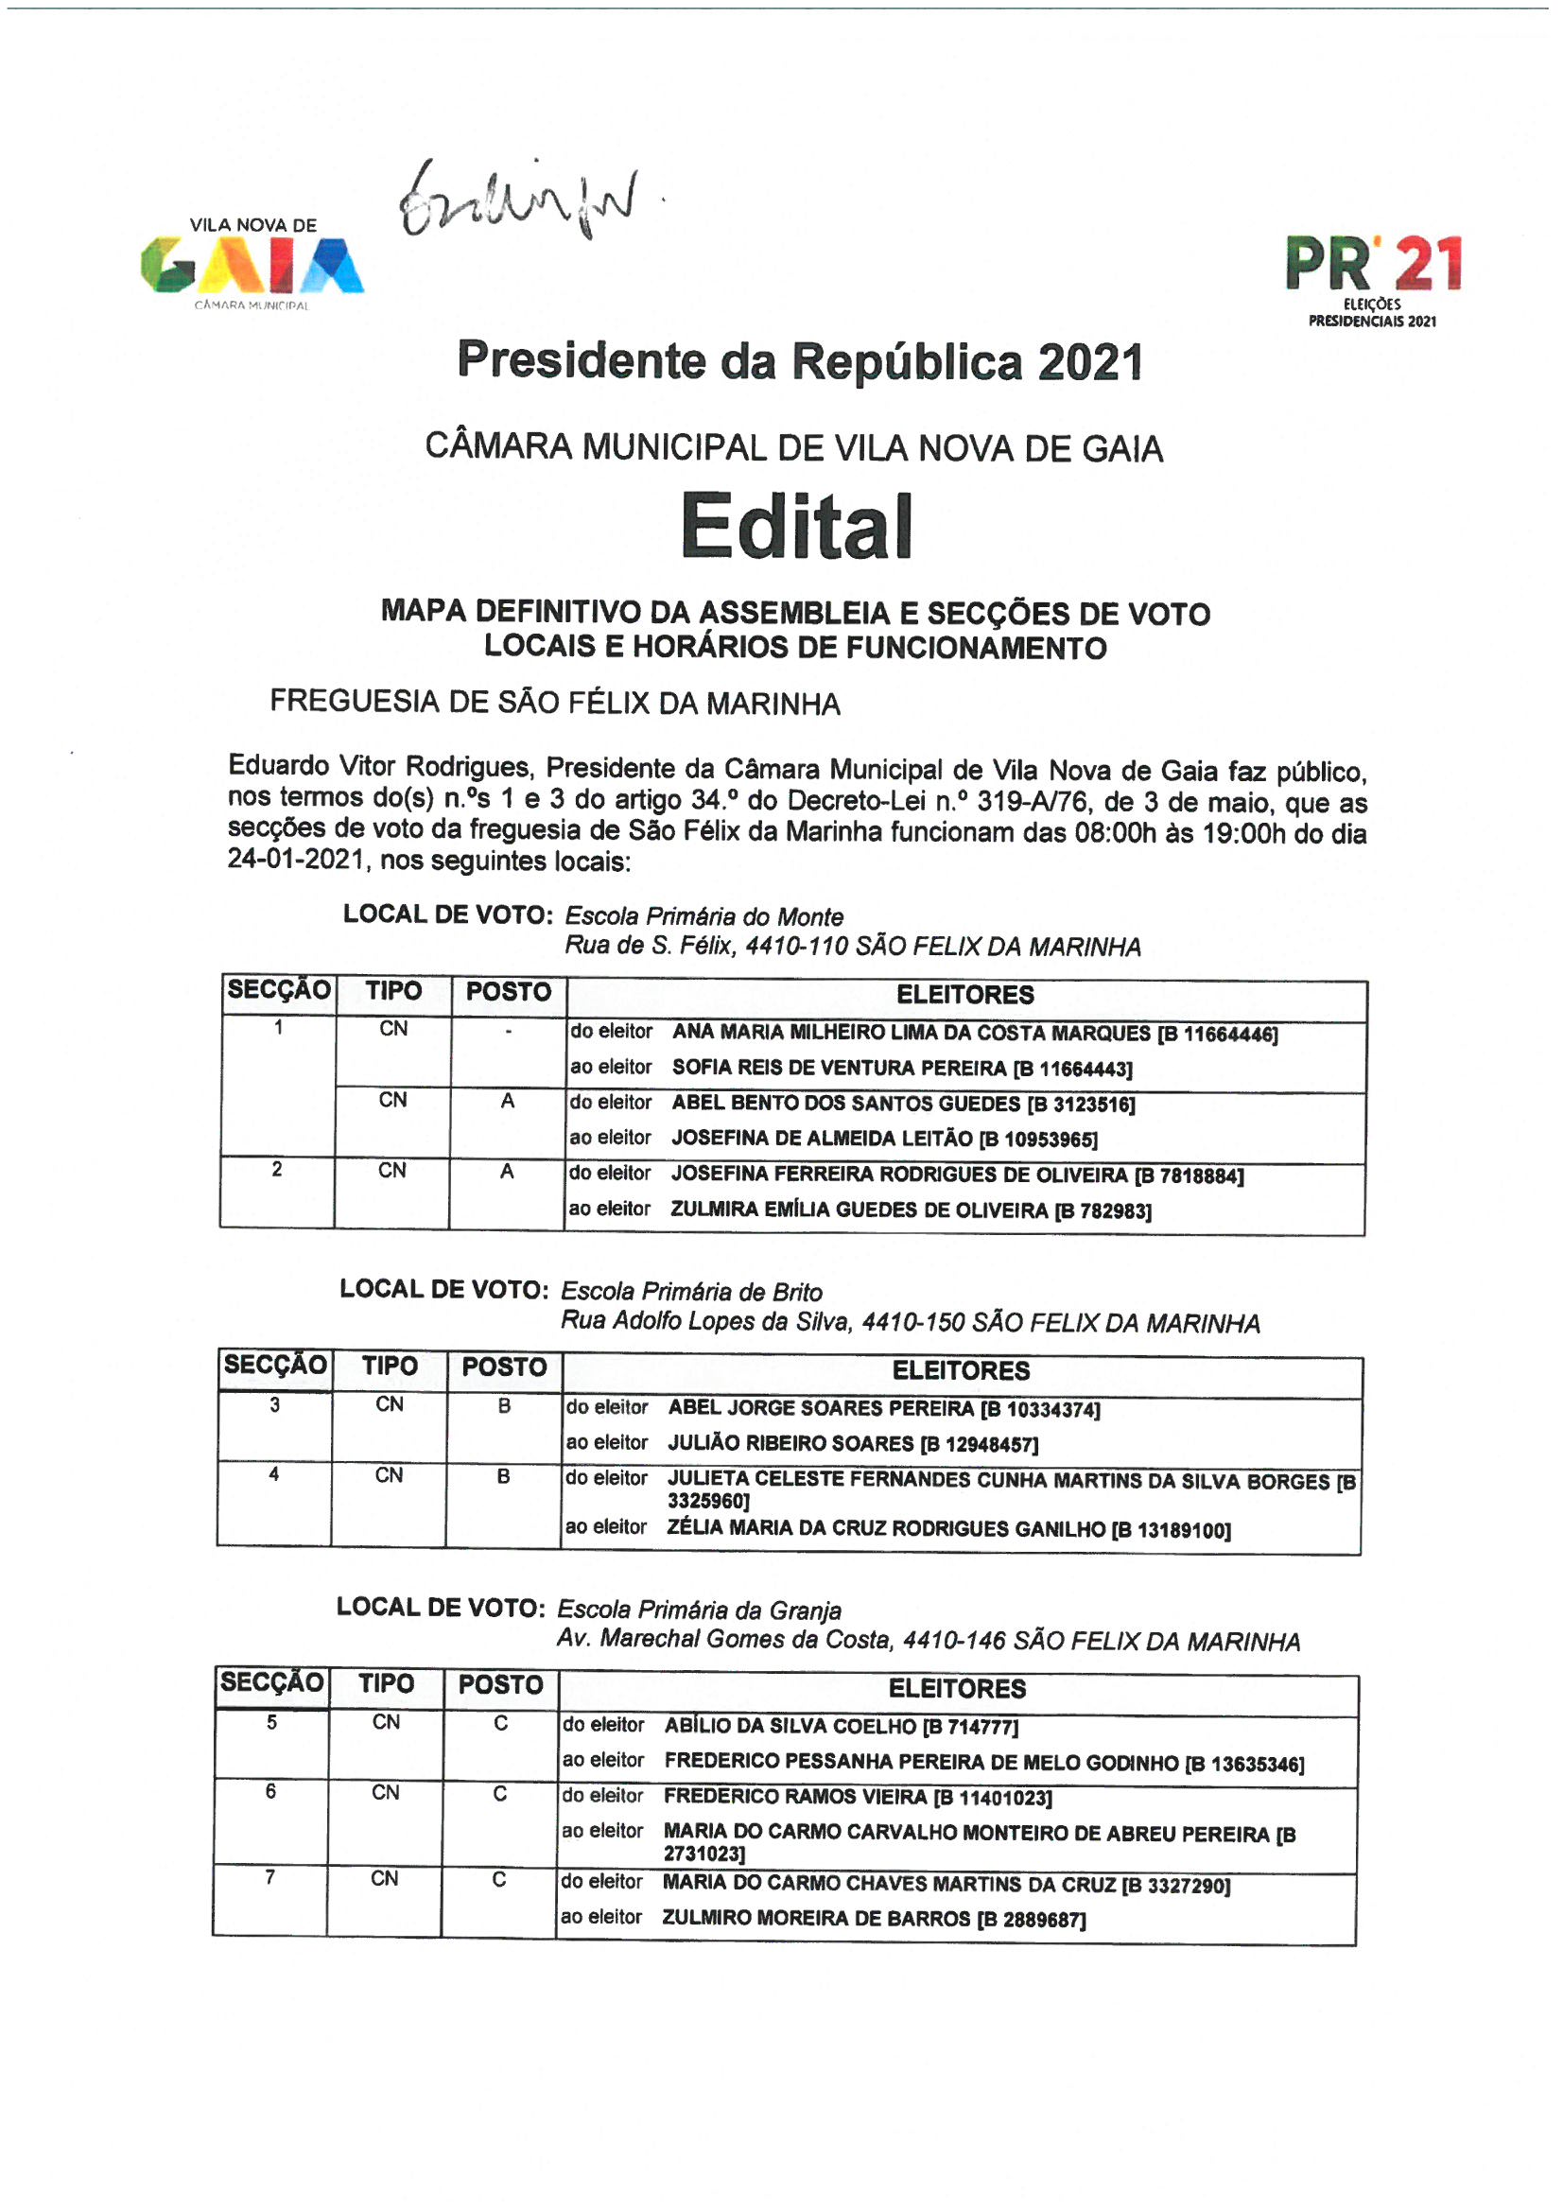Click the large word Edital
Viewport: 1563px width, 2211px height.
pyautogui.click(x=795, y=527)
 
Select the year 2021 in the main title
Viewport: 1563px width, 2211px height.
pyautogui.click(x=1090, y=363)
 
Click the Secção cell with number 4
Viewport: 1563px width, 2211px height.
pyautogui.click(x=274, y=1474)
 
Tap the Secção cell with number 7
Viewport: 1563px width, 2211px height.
pyautogui.click(x=270, y=1877)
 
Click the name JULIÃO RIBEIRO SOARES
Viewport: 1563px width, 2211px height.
pyautogui.click(x=790, y=1443)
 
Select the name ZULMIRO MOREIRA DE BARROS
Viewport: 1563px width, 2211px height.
pyautogui.click(x=815, y=1918)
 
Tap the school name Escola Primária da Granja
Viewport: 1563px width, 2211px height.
pyautogui.click(x=699, y=1610)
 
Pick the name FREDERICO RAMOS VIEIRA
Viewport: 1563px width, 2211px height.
pyautogui.click(x=794, y=1797)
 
